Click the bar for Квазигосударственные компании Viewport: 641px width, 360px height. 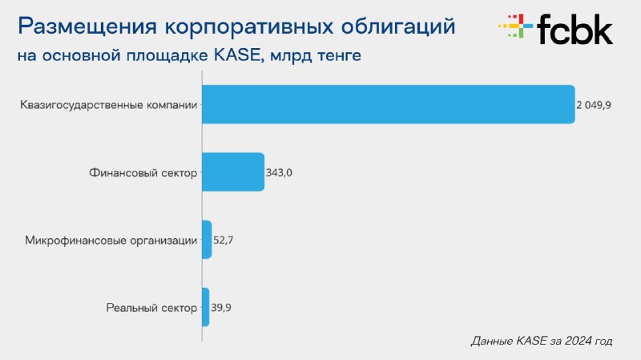coord(389,104)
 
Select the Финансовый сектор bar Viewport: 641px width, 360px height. coord(233,172)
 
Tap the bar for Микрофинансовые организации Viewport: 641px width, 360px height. coord(207,240)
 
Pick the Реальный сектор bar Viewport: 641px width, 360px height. coord(206,307)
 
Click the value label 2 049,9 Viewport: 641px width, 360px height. coord(594,105)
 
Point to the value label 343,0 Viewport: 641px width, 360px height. coord(279,172)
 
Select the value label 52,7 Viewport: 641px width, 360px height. coord(224,241)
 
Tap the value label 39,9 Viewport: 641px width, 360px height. coord(221,307)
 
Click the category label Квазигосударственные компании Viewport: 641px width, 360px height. coord(109,105)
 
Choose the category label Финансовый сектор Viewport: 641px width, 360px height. coord(143,173)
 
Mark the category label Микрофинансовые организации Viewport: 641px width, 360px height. coord(111,241)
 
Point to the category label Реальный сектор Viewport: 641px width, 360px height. coord(151,308)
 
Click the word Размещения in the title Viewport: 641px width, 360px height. coord(87,27)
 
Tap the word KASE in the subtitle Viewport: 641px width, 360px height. coord(237,55)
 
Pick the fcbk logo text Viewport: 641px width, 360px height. coord(574,29)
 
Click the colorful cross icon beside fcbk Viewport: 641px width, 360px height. coord(515,26)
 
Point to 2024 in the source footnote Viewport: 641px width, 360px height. coord(577,341)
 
